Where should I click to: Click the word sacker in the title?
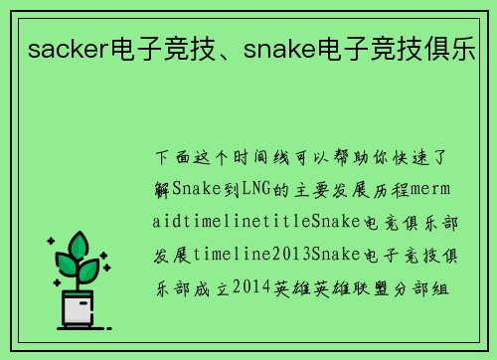pos(60,48)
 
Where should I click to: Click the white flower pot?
pos(78,311)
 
